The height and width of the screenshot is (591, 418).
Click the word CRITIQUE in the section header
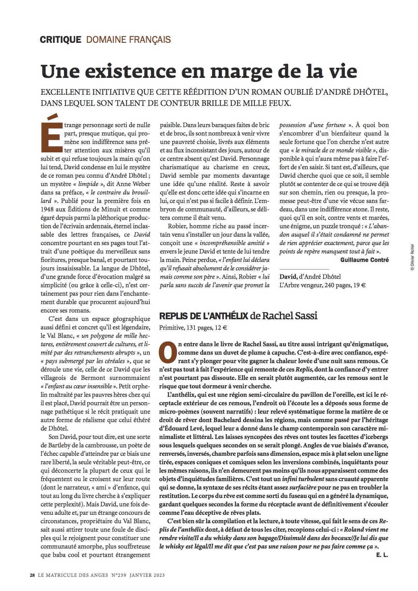point(60,40)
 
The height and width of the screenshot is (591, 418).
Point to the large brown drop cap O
point(168,352)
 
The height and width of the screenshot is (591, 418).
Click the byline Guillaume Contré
point(364,260)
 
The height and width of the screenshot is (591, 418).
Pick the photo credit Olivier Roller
point(412,258)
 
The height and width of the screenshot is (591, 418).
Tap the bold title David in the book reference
point(288,277)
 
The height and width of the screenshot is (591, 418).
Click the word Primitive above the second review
point(171,327)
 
